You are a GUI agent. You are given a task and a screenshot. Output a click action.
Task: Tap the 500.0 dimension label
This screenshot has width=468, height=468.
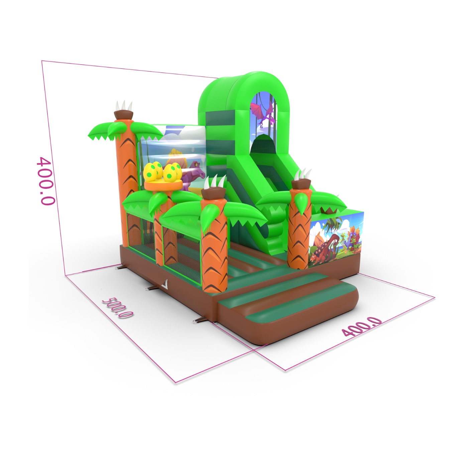(117, 308)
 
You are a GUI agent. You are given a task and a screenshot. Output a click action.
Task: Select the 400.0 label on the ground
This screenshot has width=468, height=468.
(361, 326)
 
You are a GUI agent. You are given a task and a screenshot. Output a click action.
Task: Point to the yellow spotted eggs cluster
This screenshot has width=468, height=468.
(162, 171)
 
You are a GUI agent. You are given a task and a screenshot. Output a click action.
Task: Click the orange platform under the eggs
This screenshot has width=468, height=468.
(163, 186)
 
